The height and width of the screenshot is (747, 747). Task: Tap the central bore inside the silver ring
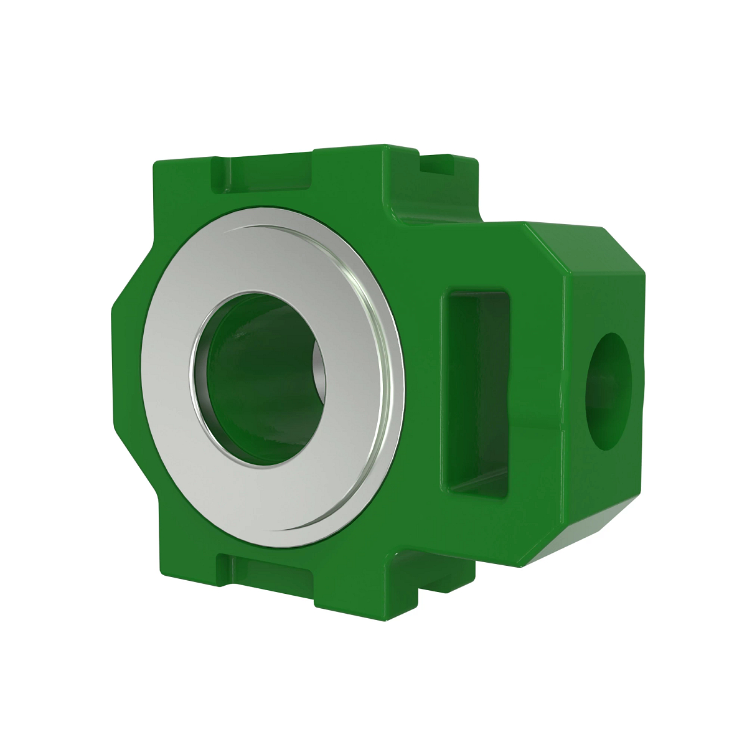(x=261, y=380)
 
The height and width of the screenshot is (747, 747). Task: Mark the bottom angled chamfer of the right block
(x=579, y=535)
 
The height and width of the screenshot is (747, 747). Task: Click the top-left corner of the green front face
(x=157, y=163)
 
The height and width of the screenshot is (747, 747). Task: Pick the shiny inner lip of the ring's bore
(x=199, y=386)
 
